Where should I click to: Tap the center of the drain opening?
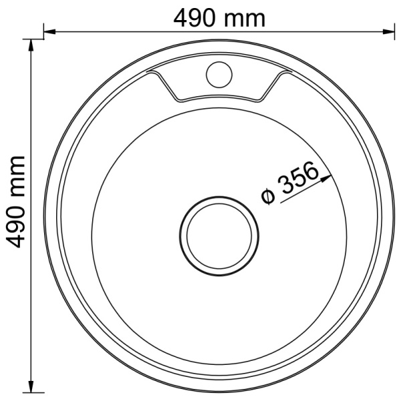coord(219,235)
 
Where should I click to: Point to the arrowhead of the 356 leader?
coord(326,178)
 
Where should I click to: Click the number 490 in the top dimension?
coord(194,18)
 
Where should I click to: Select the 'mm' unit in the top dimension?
coord(245,21)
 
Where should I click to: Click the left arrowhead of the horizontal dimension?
coord(49,31)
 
